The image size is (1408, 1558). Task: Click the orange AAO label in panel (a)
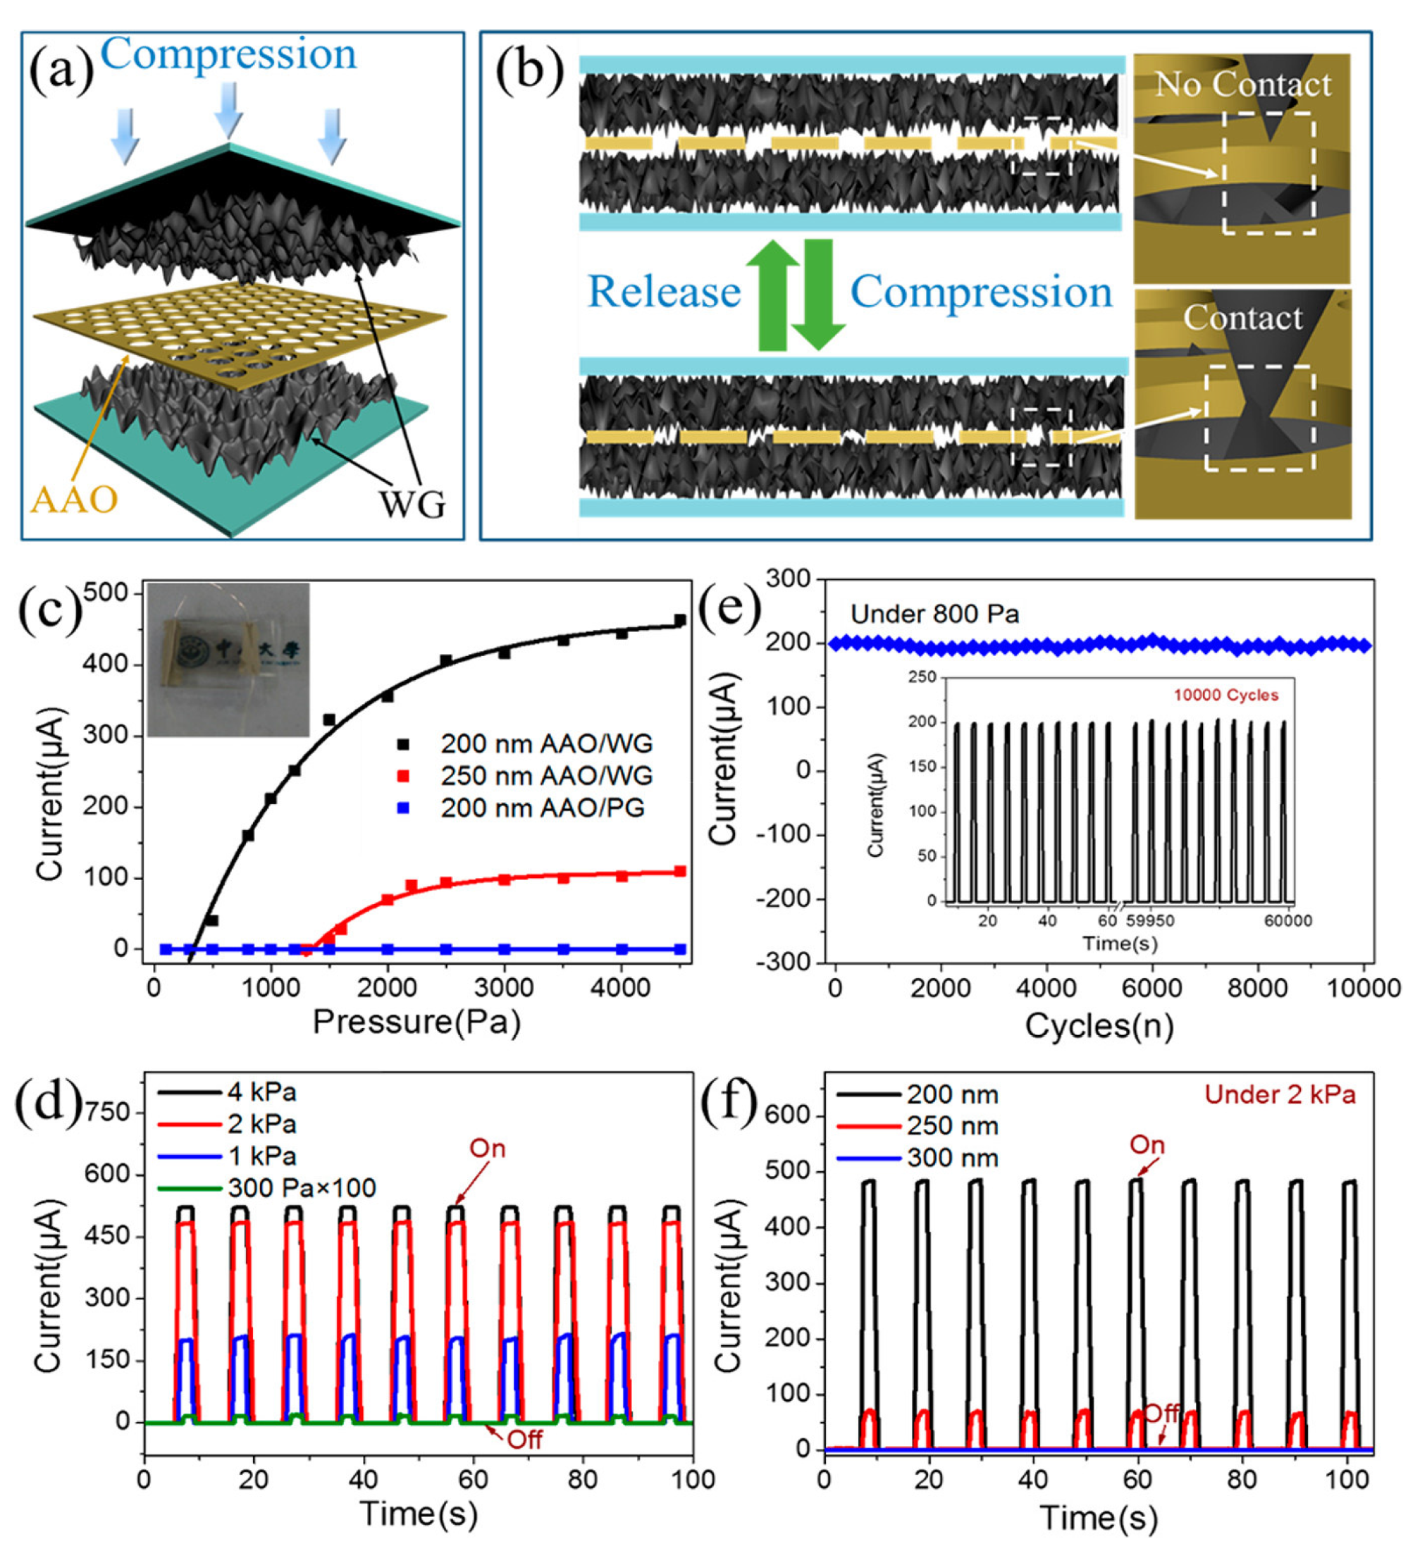[x=74, y=499]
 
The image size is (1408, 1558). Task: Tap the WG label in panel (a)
[x=412, y=504]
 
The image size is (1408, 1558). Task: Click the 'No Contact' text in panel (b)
[x=1242, y=85]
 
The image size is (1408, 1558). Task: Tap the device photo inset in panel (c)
[x=229, y=660]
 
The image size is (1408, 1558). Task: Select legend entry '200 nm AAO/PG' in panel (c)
[x=542, y=808]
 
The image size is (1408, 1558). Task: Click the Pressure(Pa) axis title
[x=416, y=1021]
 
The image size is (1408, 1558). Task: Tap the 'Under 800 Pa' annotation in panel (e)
[x=934, y=614]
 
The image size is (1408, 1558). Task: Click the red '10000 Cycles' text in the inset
[x=1225, y=695]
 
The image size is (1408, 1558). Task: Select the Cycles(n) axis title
[x=1099, y=1025]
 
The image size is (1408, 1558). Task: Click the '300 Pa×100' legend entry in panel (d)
[x=302, y=1187]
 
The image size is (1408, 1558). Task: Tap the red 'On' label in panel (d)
[x=487, y=1149]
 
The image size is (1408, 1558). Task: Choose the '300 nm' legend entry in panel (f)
[x=952, y=1158]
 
